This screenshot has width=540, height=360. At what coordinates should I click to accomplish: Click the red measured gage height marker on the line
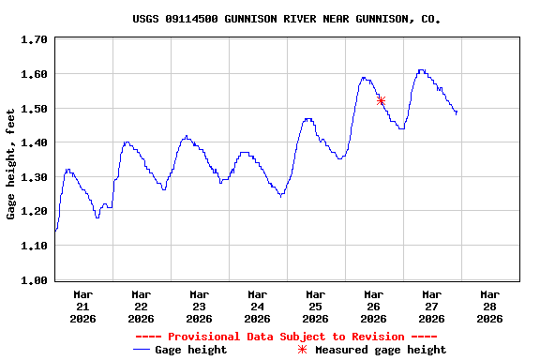(381, 100)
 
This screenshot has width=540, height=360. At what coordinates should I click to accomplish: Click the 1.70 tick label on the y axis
(34, 39)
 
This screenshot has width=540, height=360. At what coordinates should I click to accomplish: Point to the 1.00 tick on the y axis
(34, 280)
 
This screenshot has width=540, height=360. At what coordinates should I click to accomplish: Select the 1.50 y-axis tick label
(34, 109)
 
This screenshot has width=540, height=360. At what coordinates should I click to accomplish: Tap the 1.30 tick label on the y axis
(34, 177)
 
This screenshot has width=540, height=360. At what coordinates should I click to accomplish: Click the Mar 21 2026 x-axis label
(82, 306)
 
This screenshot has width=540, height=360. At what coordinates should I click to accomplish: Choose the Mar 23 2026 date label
(199, 306)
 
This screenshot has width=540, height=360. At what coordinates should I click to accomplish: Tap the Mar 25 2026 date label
(315, 306)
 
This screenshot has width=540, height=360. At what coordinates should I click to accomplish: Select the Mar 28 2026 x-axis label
(489, 306)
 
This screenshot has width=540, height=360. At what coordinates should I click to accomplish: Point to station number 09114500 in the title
(192, 19)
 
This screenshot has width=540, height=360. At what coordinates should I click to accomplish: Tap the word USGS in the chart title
(146, 19)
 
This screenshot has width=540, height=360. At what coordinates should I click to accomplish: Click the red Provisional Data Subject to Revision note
(286, 337)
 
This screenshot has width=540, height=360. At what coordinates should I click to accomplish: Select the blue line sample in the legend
(142, 350)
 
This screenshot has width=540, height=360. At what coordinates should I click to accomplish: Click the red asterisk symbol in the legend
(302, 350)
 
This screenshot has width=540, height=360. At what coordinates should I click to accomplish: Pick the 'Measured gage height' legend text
(381, 350)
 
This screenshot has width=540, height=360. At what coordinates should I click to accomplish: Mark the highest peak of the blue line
(422, 69)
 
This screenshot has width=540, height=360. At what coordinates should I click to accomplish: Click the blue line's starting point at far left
(55, 231)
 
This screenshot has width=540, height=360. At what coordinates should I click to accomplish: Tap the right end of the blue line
(457, 113)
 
